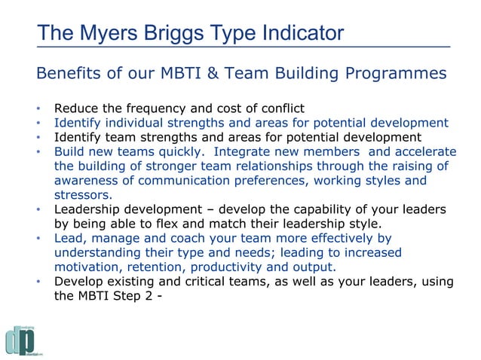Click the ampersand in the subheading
(216, 75)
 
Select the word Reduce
(78, 108)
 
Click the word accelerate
(425, 151)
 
